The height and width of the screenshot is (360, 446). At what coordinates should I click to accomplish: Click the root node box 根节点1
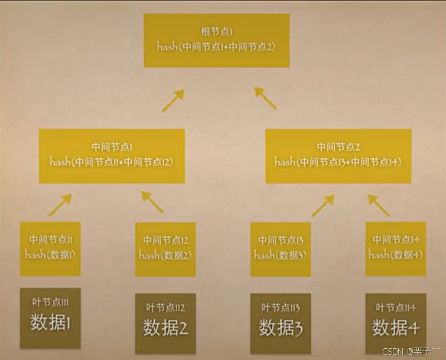(216, 40)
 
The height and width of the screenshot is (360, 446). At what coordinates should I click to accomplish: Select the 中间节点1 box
(112, 156)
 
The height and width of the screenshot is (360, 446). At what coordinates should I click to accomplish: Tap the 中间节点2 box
(338, 156)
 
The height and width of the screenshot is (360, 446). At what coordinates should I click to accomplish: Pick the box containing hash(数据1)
(50, 249)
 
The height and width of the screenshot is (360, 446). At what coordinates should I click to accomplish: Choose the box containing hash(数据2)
(165, 249)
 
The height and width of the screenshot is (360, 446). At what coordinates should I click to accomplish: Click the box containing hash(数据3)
(280, 249)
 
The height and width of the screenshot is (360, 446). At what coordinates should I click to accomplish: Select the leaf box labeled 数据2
(165, 321)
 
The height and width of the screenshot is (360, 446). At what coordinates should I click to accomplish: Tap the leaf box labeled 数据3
(280, 321)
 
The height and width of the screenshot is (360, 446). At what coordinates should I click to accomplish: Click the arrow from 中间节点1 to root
(173, 100)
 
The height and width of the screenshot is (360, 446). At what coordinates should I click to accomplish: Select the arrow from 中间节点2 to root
(265, 98)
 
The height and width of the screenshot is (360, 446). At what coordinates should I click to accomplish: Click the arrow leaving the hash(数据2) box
(152, 203)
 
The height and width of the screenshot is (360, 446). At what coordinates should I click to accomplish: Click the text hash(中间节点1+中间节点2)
(216, 46)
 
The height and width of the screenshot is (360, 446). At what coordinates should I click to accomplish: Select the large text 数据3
(280, 327)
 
